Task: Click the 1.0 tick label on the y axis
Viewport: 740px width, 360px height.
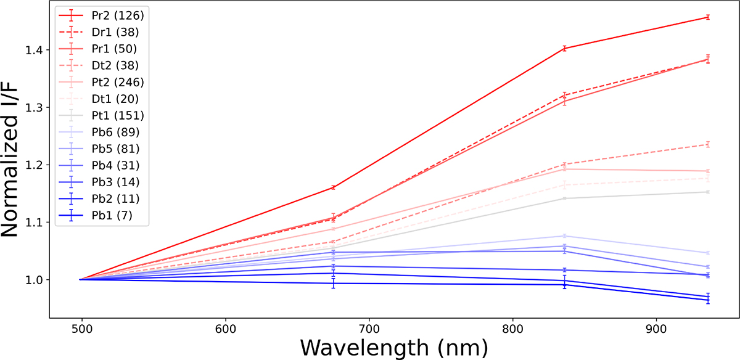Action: click(x=36, y=280)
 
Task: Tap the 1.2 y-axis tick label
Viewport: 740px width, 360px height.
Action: click(x=36, y=165)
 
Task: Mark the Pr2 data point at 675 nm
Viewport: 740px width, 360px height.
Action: click(x=333, y=187)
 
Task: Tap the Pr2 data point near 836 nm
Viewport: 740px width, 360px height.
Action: click(x=564, y=48)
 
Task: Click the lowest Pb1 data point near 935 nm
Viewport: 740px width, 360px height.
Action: click(x=707, y=300)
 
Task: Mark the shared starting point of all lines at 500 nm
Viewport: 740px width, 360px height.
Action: click(x=81, y=279)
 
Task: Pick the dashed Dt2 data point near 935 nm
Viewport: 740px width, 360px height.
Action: click(x=707, y=144)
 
